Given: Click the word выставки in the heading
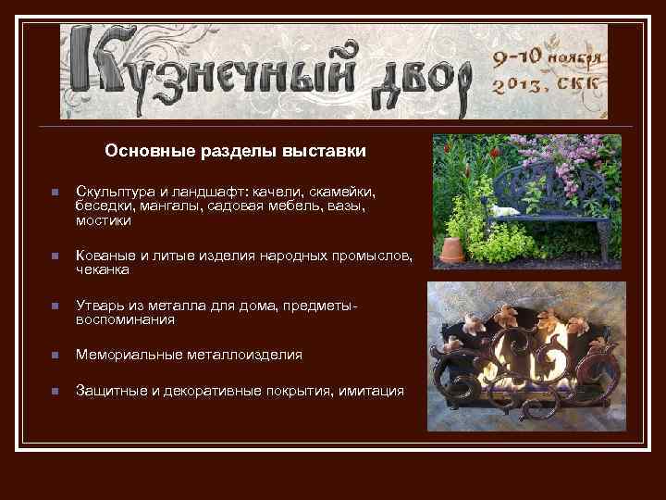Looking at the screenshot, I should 327,151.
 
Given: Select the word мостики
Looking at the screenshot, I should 104,221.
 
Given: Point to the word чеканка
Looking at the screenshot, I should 103,270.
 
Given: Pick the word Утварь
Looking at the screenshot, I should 97,306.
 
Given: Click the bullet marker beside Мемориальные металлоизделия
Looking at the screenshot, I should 55,356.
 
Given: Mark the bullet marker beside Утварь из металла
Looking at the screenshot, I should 55,306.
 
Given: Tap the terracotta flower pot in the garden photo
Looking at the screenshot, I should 452,249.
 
